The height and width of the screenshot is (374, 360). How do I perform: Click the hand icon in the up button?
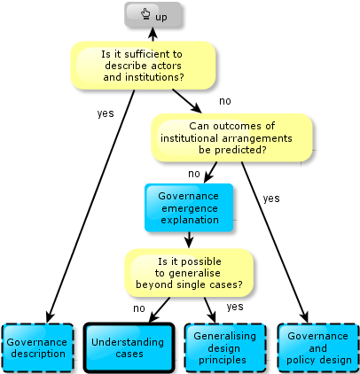click(145, 14)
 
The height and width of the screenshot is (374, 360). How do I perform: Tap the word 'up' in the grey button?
click(161, 17)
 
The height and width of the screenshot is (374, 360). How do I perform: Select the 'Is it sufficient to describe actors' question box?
click(143, 66)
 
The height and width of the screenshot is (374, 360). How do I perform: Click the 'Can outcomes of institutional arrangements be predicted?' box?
click(231, 137)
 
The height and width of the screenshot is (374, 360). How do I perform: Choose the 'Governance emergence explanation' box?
click(189, 207)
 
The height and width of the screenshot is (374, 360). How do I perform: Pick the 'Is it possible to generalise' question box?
click(189, 273)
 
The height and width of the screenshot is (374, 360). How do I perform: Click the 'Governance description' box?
click(37, 347)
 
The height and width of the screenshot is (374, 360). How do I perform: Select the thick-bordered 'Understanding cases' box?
click(129, 347)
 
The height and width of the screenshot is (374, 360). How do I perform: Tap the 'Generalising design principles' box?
click(225, 347)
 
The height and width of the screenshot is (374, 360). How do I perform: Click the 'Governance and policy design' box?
click(318, 347)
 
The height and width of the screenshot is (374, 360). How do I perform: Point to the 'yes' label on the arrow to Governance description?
click(106, 113)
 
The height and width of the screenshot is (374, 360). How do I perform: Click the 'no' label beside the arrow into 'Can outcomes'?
click(225, 101)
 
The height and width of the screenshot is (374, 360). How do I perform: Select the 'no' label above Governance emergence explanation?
click(194, 174)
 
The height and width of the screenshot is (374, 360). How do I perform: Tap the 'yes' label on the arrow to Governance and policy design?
click(271, 199)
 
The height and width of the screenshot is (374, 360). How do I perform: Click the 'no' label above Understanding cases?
click(139, 308)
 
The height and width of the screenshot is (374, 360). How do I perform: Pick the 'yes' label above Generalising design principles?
click(235, 307)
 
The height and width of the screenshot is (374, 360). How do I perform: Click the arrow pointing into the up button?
click(153, 35)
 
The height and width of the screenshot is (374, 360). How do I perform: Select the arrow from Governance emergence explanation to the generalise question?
click(189, 240)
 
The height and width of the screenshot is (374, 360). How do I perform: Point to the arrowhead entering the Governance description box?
click(50, 317)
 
